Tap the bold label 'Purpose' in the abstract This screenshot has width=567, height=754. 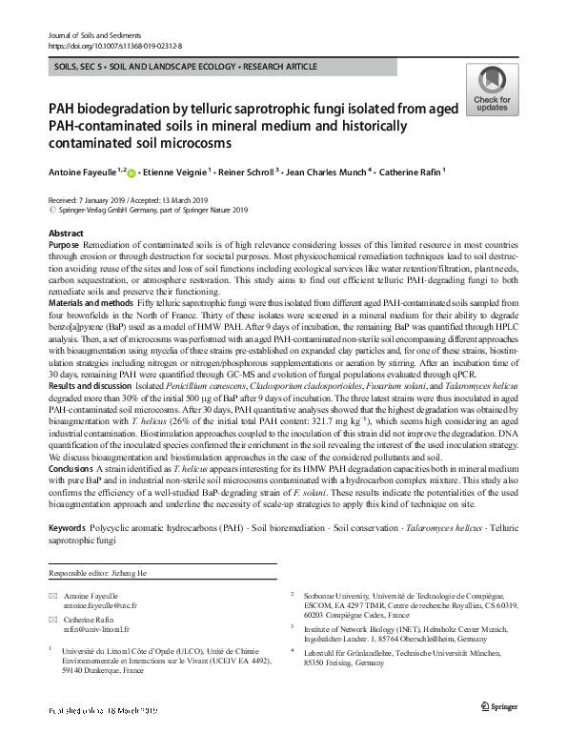click(x=64, y=244)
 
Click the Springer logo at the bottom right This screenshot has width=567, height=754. click(x=499, y=731)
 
